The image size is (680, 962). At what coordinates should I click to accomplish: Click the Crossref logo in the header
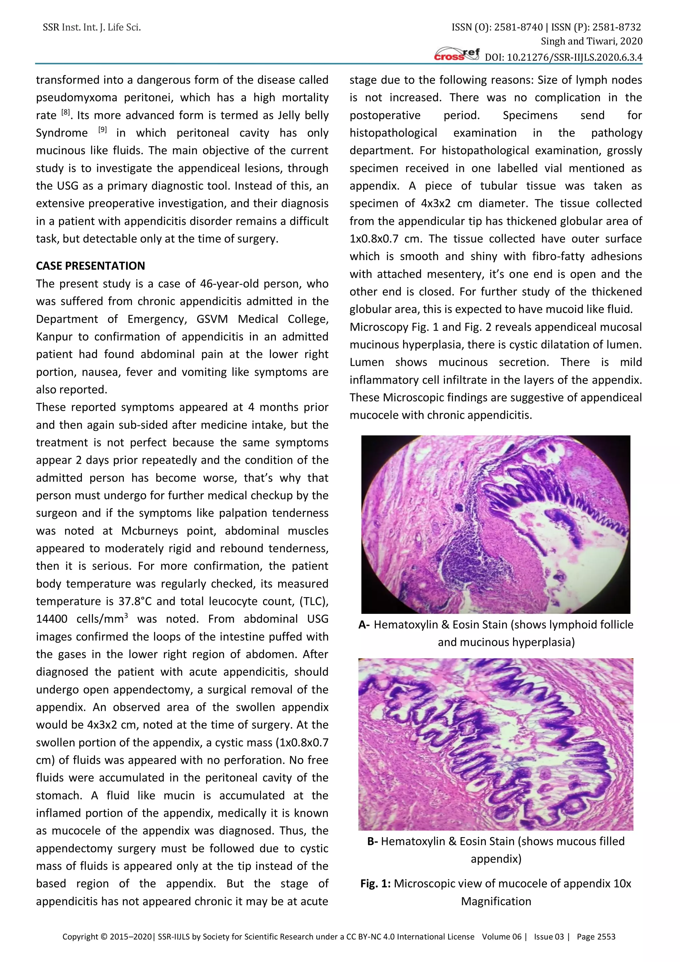point(457,55)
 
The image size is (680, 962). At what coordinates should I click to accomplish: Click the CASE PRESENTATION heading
point(90,266)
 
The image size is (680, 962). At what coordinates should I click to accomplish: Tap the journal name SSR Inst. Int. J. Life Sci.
point(92,28)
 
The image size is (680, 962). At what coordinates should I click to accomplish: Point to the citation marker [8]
point(66,112)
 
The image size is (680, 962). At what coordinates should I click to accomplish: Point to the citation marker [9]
point(103,130)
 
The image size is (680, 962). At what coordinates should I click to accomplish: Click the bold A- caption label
point(364,625)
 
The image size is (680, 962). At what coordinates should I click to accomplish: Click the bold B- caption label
point(373,841)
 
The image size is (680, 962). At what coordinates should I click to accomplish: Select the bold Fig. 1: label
point(376,884)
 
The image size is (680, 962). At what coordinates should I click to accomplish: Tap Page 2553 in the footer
point(596,936)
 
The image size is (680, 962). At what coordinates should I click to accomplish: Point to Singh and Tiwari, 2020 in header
point(591,42)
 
